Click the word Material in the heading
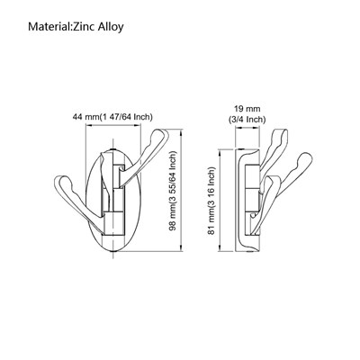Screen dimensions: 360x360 coord(49,26)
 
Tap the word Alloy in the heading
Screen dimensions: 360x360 coord(111,27)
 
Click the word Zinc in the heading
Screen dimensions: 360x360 coord(83,26)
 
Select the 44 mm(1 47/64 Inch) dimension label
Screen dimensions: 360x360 coord(112,117)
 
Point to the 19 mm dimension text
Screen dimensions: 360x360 coord(247,108)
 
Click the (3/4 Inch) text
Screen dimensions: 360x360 coord(247,120)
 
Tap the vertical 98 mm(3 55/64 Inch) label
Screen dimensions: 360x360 coord(173,191)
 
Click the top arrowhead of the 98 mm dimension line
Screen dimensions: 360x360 coord(182,132)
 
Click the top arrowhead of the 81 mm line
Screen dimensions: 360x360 coord(220,153)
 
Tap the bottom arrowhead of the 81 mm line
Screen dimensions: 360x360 coord(220,248)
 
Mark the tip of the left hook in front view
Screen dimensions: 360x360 coord(58,181)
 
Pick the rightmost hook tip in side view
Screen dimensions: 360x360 coord(310,157)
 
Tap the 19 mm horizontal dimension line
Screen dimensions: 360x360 coord(247,128)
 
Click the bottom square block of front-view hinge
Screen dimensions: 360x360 coord(113,223)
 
